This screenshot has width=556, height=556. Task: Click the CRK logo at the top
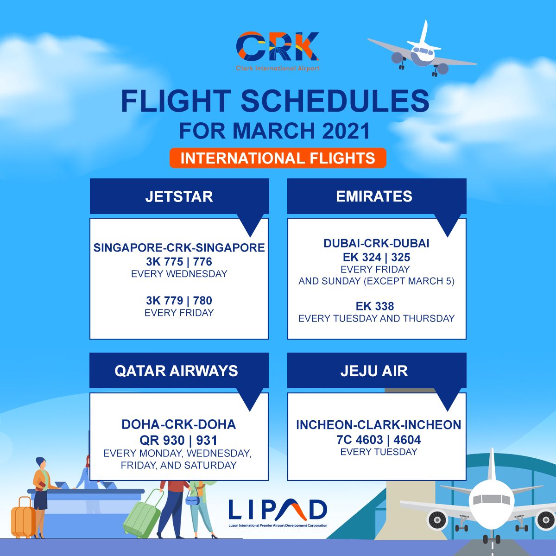coord(278,50)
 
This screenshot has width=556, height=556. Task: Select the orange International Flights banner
coord(278,158)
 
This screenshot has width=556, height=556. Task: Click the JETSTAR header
coord(179,196)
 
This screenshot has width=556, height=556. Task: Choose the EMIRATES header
coord(374,196)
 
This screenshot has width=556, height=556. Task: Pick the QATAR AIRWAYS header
coord(176,371)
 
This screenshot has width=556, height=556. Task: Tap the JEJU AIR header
coord(374,371)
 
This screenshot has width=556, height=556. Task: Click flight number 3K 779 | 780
coord(179,301)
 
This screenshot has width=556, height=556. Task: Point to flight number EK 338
coord(375,306)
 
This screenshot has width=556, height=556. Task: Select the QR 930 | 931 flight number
coord(178,440)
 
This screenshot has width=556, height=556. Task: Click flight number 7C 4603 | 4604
coord(379,440)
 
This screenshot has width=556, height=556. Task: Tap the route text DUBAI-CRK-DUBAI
coord(376,243)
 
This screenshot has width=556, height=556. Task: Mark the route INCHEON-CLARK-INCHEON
coord(379,425)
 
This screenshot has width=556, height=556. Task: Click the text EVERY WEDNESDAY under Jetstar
coord(179,274)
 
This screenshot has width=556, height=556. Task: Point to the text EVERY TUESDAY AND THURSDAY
coord(376,319)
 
